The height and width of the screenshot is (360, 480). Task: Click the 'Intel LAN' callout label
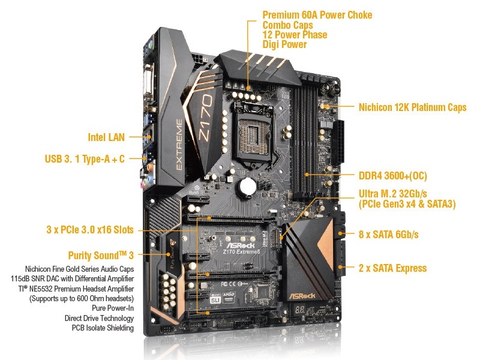(106, 137)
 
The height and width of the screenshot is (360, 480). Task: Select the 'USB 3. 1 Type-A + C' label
(85, 159)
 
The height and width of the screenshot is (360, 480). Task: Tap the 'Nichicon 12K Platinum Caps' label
(412, 107)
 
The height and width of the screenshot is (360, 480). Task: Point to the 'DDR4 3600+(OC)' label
(393, 176)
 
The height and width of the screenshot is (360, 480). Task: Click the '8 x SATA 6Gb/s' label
(388, 235)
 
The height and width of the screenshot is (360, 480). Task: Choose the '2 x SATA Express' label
(392, 268)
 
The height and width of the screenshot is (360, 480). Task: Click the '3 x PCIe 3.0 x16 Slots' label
(90, 230)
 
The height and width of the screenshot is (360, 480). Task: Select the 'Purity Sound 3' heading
(101, 256)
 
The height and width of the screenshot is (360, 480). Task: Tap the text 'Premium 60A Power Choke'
(317, 15)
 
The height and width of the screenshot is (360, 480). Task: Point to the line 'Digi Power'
(284, 44)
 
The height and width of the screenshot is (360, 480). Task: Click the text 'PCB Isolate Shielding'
(103, 328)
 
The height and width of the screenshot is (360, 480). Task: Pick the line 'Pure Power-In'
(113, 308)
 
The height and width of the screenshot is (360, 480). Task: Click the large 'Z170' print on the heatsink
(206, 117)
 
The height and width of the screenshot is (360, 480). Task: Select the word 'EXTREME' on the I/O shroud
(179, 145)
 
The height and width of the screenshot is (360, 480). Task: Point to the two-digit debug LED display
(301, 310)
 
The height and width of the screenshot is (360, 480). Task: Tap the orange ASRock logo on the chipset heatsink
(302, 296)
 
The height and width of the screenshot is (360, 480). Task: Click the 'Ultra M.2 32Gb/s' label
(393, 194)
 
